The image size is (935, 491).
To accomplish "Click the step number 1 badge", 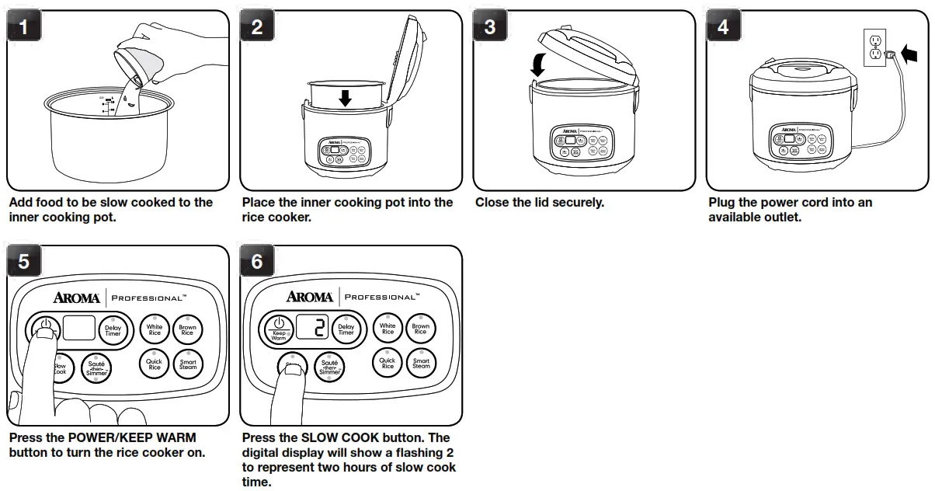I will pos(24,27).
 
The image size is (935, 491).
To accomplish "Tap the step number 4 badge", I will pos(723,27).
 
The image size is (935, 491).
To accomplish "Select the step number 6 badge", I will pos(257,263).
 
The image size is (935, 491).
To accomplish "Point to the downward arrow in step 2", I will pos(346,97).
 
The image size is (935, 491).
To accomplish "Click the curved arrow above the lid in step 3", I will pos(537,64).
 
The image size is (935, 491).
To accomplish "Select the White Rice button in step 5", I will pos(155,328).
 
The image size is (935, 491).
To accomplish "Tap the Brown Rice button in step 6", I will pos(421,329).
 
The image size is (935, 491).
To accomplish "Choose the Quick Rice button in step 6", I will pos(388,363).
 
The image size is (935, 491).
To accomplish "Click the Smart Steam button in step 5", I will pos(188,364).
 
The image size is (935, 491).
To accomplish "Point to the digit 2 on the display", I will pos(318,328).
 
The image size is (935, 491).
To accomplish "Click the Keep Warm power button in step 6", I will pos(279,329).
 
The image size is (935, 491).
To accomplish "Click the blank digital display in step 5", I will pos(80,329).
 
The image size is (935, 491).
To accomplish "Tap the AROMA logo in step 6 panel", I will pos(310,297).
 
